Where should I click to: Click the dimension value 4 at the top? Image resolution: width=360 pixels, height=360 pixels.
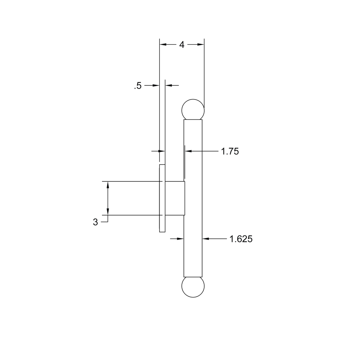(182, 45)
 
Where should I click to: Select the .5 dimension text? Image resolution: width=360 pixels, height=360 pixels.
(138, 86)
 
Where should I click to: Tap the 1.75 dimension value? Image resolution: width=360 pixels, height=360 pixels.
(230, 151)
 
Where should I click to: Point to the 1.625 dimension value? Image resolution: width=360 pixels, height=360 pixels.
(241, 239)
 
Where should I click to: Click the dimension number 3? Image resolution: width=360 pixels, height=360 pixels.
(95, 222)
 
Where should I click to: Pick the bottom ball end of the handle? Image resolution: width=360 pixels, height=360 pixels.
(193, 287)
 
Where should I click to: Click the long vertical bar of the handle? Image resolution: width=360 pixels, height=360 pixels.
(193, 198)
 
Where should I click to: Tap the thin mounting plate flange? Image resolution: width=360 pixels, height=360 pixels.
(162, 198)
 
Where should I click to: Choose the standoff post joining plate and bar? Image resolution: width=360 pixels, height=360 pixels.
(175, 198)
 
